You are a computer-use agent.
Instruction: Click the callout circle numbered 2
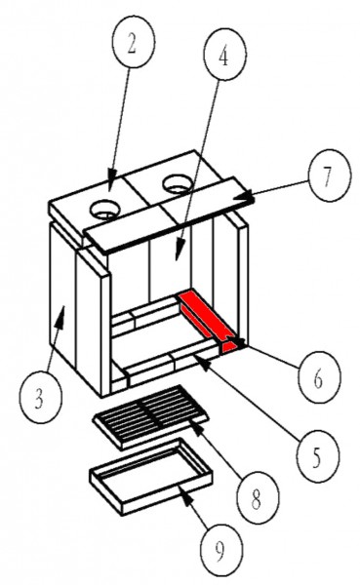[134, 42]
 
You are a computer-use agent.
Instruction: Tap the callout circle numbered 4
[224, 54]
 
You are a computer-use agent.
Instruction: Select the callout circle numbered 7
[330, 175]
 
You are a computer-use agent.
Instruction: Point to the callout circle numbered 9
[221, 550]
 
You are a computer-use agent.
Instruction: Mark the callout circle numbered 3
[40, 397]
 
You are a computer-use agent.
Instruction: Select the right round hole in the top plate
[178, 184]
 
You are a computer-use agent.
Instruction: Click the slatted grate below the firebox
[150, 417]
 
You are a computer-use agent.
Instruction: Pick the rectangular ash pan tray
[151, 476]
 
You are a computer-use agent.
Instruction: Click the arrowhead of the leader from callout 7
[247, 197]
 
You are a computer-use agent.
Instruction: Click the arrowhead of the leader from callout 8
[198, 428]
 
